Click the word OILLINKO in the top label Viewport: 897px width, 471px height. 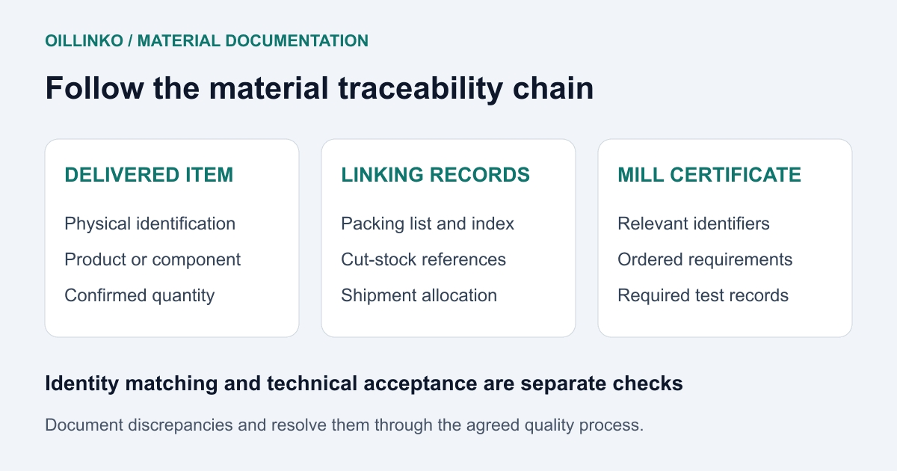coord(84,41)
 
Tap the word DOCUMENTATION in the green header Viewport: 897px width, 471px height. coord(297,41)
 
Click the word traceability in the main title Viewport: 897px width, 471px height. coord(420,89)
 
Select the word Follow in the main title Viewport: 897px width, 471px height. coord(94,88)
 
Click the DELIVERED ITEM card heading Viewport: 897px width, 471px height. coord(149,175)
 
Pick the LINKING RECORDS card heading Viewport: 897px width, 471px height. coord(435,175)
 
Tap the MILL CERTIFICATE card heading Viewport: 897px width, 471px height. coord(709,175)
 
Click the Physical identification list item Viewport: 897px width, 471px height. coord(150,224)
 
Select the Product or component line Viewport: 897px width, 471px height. coord(152,260)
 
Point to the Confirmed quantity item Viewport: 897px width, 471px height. coord(140,296)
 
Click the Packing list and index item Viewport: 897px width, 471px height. coord(428,224)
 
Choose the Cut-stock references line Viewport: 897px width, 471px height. coord(424,260)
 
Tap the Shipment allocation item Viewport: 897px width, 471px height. coord(419,295)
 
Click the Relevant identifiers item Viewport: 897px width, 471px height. coord(694,224)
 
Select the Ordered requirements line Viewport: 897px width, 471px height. coord(705,260)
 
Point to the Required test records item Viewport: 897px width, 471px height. coord(703,296)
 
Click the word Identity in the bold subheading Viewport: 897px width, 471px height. coord(82,384)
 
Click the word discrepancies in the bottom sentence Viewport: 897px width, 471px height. coord(180,425)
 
